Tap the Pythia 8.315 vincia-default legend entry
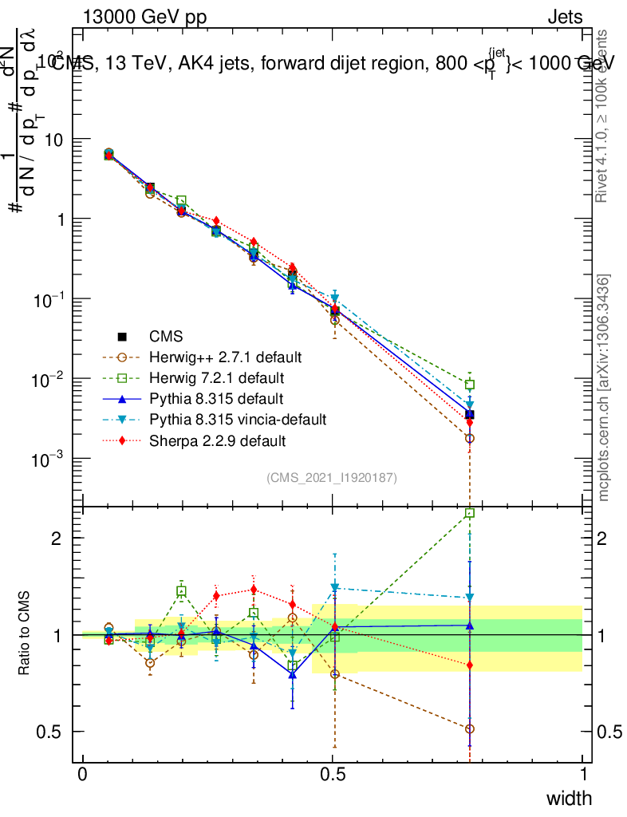point(239,418)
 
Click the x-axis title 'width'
point(568,798)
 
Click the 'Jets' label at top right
point(565,18)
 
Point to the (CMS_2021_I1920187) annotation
point(332,477)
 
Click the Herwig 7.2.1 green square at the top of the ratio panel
point(470,513)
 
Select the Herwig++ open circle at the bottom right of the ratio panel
point(470,728)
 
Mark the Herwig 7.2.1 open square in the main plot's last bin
point(470,385)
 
